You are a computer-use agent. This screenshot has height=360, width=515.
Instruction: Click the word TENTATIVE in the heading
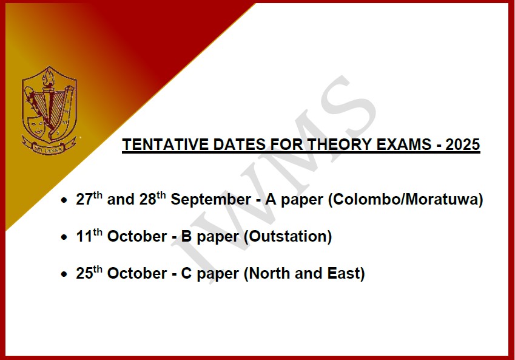(165, 144)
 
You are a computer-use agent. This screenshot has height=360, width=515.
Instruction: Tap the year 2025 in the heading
(462, 144)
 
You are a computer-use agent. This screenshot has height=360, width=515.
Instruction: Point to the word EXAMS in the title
(403, 144)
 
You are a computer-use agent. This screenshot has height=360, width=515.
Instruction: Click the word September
(211, 200)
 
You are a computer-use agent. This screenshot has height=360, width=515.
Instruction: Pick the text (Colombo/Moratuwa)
(406, 200)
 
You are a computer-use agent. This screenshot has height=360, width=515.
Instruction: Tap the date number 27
(84, 199)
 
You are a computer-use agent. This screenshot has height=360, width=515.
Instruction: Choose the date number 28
(147, 199)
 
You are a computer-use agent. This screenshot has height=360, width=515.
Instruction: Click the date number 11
(84, 236)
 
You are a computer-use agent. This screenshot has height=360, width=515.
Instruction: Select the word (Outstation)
(288, 236)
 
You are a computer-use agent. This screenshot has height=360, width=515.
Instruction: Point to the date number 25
(84, 273)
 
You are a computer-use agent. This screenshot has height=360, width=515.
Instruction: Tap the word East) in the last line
(346, 274)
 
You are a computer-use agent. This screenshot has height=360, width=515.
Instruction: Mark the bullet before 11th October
(64, 237)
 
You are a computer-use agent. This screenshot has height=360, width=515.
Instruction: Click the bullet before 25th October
(64, 274)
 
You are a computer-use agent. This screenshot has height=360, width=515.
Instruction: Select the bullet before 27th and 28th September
(64, 200)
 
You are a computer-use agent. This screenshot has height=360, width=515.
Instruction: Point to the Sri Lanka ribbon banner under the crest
(49, 147)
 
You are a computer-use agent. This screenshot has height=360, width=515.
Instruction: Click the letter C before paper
(186, 274)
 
